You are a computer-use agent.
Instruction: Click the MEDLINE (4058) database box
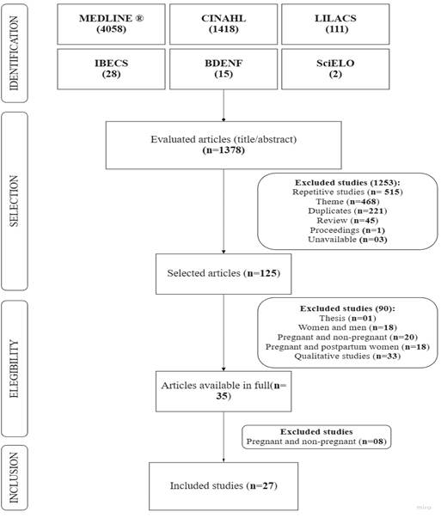point(111,24)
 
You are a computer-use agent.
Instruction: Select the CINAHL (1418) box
point(224,24)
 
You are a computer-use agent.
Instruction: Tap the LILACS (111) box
point(335,24)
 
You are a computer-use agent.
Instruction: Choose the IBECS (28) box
point(111,69)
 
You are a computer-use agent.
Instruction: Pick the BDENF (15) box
point(224,69)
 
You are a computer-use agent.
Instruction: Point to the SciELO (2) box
point(335,69)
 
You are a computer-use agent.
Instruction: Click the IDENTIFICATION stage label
point(15,53)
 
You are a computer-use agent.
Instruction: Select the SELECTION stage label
point(15,201)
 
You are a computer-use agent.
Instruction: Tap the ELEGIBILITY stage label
point(15,369)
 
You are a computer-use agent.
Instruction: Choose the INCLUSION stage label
point(15,478)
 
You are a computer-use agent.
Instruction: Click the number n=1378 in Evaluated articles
point(224,150)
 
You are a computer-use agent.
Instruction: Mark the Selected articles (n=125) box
point(224,274)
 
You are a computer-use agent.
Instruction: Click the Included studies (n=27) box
point(224,486)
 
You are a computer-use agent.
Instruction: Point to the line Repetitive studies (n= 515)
point(347,192)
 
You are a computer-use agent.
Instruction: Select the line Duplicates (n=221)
point(347,210)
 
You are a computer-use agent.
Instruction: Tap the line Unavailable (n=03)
point(347,240)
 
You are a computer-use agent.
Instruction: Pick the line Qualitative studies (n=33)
point(347,357)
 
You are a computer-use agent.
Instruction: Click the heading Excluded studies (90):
point(347,308)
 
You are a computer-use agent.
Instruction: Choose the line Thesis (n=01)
point(347,318)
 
